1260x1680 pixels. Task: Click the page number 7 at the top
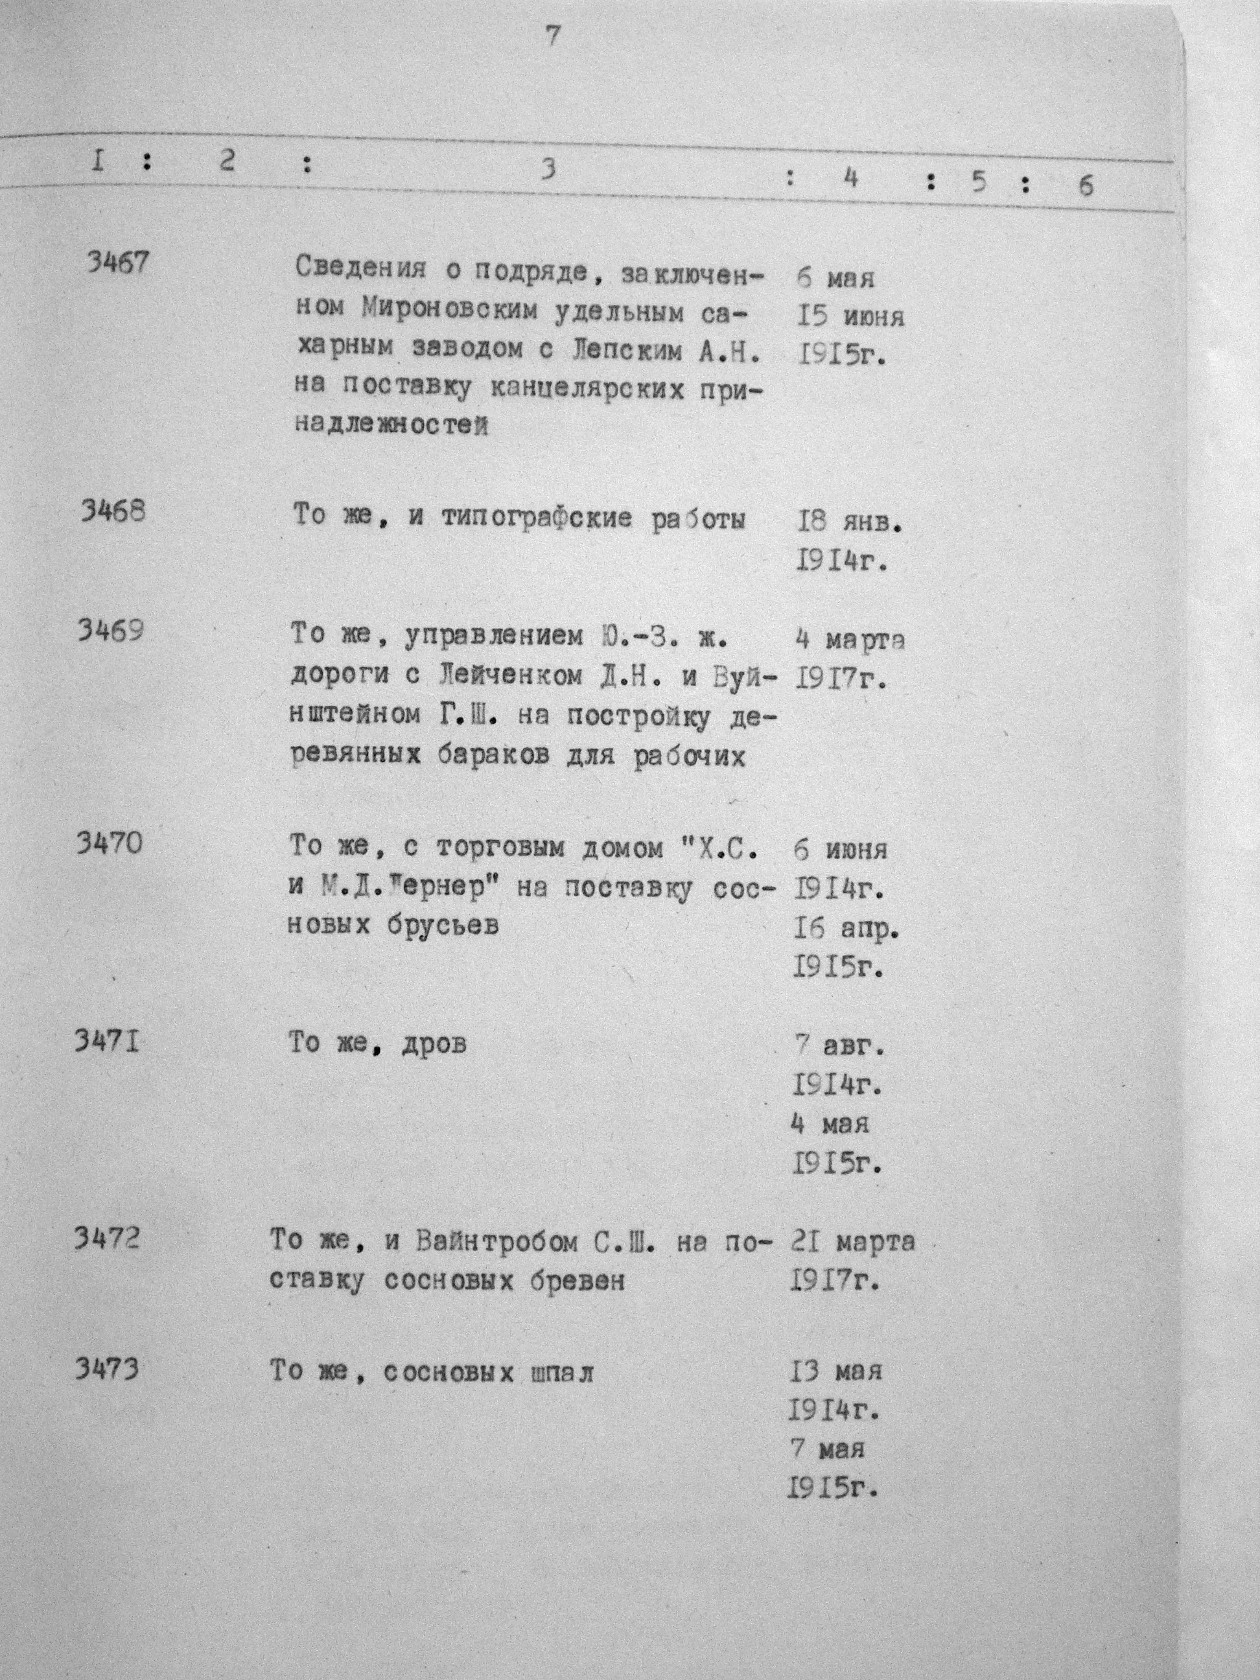point(552,36)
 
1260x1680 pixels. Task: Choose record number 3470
point(109,843)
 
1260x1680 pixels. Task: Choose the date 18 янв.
point(849,522)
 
